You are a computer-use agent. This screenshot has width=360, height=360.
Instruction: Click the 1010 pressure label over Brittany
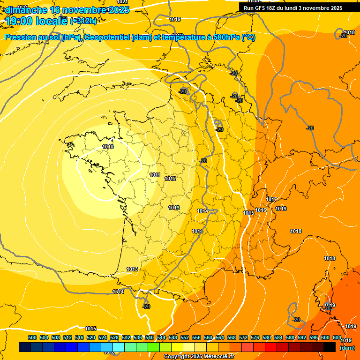[x=108, y=147]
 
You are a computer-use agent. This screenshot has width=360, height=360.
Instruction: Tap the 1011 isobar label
[x=155, y=175]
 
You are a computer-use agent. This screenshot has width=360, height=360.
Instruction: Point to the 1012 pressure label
[x=170, y=179]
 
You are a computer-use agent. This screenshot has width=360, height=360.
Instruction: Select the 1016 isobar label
[x=261, y=210]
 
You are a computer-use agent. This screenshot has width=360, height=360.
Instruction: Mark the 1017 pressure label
[x=271, y=199]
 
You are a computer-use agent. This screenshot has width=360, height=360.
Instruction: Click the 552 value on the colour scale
[x=185, y=337]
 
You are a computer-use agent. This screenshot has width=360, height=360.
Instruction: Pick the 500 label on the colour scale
[x=32, y=337]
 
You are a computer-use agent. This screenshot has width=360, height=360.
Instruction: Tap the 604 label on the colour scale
[x=337, y=337]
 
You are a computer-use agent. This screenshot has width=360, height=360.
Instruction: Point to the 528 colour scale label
[x=114, y=337]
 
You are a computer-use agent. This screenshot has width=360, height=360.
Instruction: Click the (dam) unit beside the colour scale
[x=347, y=348]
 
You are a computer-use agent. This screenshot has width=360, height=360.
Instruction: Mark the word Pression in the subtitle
[x=20, y=38]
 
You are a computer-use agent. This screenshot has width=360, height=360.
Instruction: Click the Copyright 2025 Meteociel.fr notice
[x=199, y=356]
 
